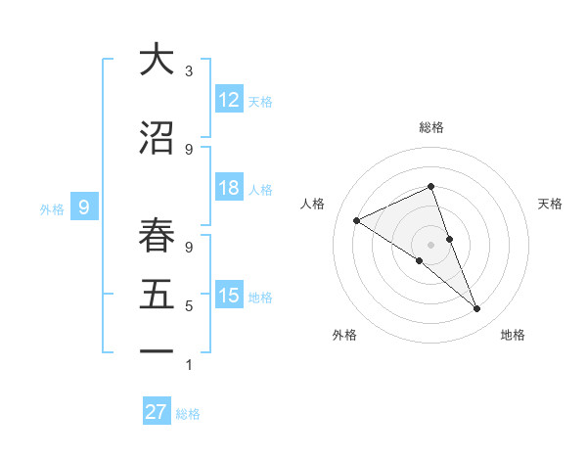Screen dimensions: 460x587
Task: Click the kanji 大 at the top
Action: [157, 60]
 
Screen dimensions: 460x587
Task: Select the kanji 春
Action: [157, 236]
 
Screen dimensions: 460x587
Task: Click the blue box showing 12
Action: [229, 100]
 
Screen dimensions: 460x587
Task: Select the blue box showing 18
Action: [229, 189]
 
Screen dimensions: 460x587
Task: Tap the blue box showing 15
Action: [229, 296]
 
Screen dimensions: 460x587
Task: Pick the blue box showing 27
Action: [157, 412]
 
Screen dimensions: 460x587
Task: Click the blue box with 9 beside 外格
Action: [84, 207]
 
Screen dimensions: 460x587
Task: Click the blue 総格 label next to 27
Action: [188, 414]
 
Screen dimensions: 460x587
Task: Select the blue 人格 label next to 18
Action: [260, 190]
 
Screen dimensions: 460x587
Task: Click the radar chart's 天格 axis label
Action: [551, 204]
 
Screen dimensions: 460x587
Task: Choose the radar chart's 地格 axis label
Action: [513, 336]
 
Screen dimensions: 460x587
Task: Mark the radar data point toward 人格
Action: [356, 220]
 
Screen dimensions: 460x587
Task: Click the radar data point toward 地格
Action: [477, 309]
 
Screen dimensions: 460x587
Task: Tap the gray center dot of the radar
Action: [430, 244]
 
